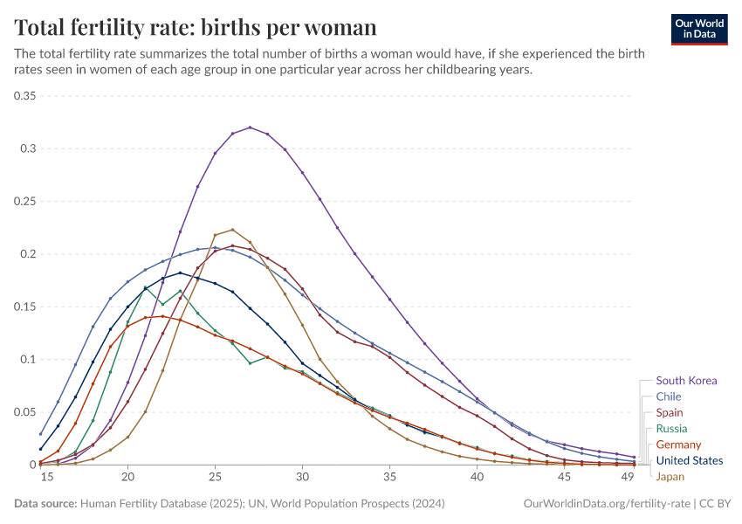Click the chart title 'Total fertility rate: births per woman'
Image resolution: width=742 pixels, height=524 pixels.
tap(196, 27)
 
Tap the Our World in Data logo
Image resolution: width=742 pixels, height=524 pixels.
tap(698, 28)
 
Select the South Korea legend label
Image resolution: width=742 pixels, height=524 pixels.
tap(686, 381)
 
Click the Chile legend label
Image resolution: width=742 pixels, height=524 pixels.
tap(669, 396)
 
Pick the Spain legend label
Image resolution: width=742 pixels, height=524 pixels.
tap(670, 412)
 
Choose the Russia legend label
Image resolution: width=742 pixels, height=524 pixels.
tap(671, 429)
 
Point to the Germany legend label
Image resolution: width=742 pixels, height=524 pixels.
tap(678, 445)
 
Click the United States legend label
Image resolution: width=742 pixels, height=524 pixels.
tap(689, 460)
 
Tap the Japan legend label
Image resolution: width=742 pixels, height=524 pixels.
tap(670, 477)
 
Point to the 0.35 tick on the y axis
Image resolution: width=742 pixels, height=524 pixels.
tap(24, 96)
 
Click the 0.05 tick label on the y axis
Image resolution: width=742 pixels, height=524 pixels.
tap(24, 412)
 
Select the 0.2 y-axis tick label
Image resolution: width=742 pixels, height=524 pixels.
tap(28, 254)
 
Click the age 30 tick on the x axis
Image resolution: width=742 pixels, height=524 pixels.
tap(302, 478)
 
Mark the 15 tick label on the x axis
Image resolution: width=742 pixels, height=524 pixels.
tap(40, 478)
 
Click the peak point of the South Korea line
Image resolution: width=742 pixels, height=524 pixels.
tap(250, 128)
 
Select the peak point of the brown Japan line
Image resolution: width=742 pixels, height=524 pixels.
tap(232, 230)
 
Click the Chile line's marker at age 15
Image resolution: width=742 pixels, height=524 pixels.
tap(40, 433)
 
